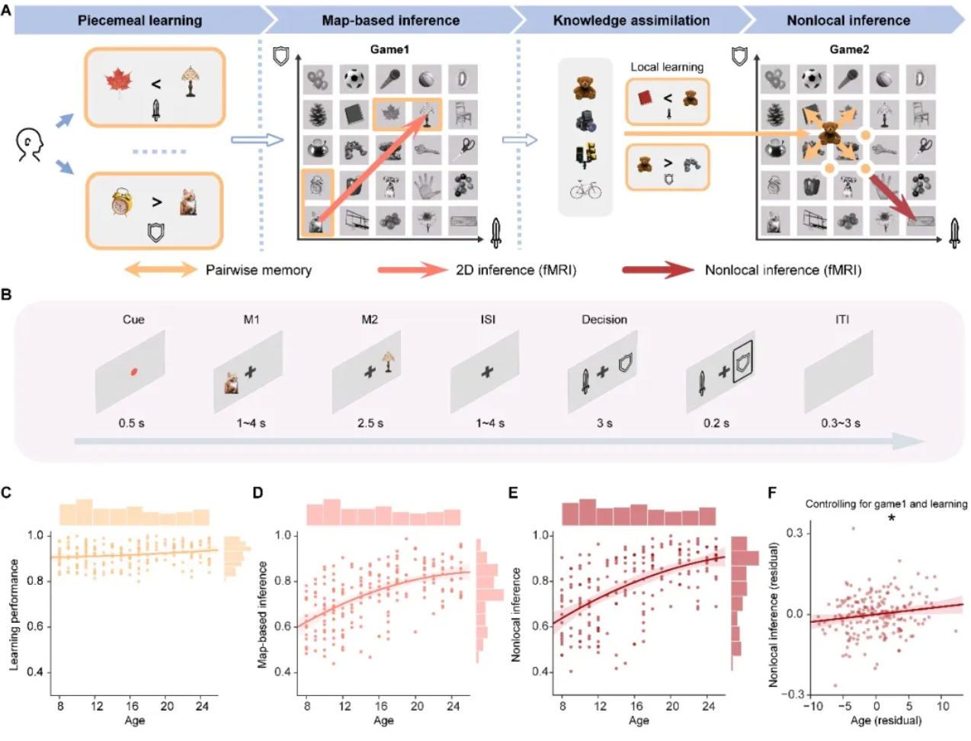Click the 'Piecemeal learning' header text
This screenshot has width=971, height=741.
[x=139, y=21]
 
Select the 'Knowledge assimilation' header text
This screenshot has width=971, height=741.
[x=631, y=21]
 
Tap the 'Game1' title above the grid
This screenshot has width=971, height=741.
[x=389, y=50]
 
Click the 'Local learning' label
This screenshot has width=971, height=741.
[x=667, y=67]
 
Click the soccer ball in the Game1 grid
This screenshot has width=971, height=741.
[x=354, y=79]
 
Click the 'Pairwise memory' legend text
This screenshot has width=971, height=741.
[x=258, y=270]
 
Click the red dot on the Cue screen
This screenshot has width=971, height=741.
[x=133, y=371]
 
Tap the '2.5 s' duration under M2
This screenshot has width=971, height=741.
[x=370, y=423]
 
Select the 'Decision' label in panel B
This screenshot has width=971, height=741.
[x=604, y=319]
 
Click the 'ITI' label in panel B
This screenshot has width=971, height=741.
[x=841, y=319]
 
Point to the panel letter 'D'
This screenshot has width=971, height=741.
[x=258, y=492]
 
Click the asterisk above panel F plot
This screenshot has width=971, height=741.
[x=891, y=519]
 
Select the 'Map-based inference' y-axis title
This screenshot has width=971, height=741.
[x=263, y=614]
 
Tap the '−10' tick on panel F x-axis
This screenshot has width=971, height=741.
[x=812, y=706]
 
